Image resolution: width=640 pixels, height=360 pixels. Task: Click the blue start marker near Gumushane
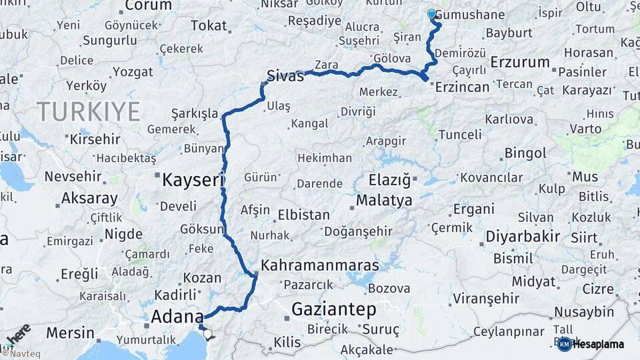point(431,13)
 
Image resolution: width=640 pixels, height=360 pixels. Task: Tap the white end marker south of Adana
point(207,335)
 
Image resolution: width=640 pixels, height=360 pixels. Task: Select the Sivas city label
point(285,75)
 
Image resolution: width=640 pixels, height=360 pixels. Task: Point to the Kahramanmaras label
point(319,265)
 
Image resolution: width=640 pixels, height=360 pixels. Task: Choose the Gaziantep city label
point(334,309)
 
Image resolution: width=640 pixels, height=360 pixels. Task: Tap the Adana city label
point(177,316)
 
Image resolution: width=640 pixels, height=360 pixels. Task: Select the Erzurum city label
point(520,62)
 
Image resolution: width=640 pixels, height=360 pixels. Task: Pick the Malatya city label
point(383,200)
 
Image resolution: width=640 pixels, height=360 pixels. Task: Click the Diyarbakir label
point(522,237)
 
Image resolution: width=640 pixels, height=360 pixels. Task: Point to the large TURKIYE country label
point(88,111)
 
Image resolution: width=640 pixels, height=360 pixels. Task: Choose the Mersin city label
point(70,332)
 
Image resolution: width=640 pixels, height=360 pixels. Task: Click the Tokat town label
point(209,26)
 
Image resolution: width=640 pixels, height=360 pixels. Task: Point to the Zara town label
point(326,65)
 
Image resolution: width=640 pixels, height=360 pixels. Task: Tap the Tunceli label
point(459,135)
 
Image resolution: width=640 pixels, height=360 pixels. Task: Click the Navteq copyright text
point(20,354)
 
